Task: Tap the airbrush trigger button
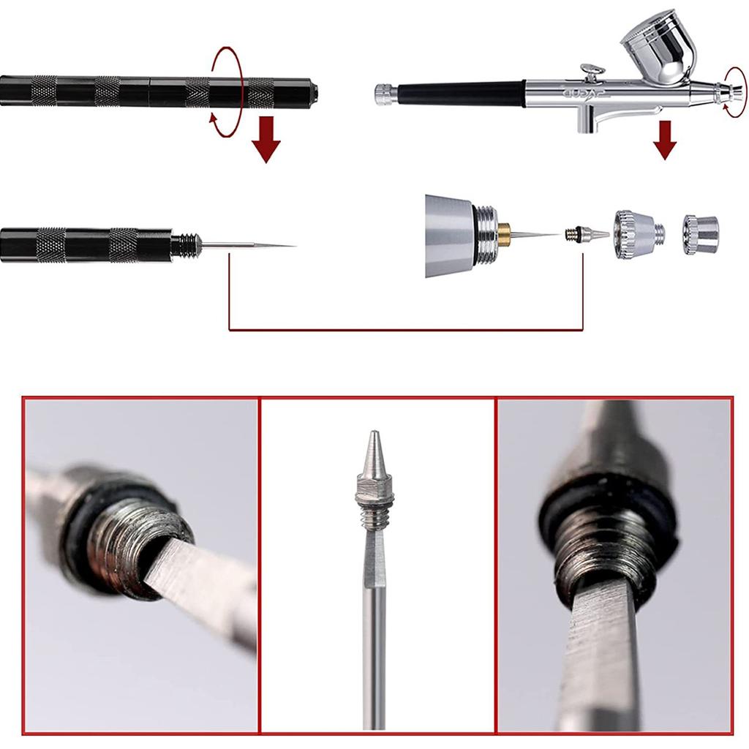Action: [x=591, y=71]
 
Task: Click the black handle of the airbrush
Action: [x=461, y=94]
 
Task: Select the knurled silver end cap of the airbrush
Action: [x=385, y=94]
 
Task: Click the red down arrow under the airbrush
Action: [x=664, y=140]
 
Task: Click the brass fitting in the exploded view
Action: [x=504, y=235]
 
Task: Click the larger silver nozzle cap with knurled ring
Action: [x=636, y=234]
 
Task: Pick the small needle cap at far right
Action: [x=700, y=234]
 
